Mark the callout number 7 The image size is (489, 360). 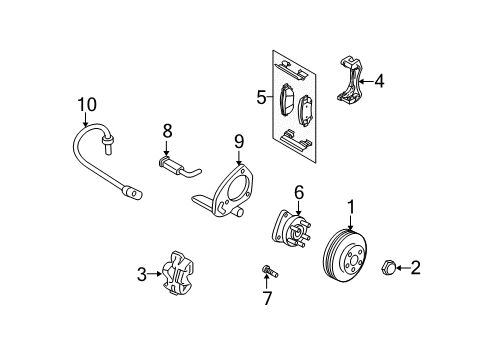pos(267,300)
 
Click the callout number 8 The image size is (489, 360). pos(168,130)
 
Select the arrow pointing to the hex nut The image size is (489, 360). pos(404,267)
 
